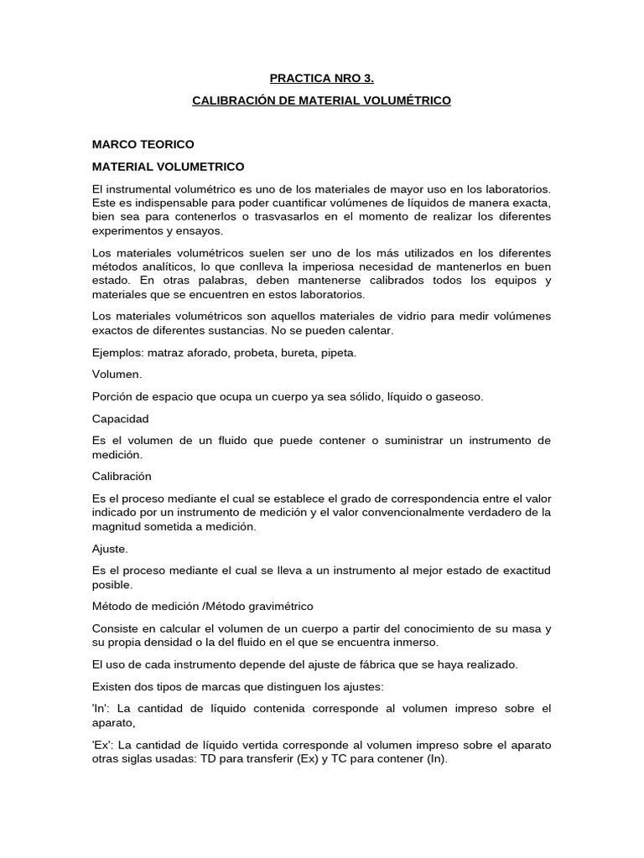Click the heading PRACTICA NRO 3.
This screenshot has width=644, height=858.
(321, 79)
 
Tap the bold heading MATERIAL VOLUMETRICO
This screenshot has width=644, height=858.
(168, 167)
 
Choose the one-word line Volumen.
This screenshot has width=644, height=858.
(117, 375)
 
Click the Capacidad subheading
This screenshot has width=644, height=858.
(121, 418)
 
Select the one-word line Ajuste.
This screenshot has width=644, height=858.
(111, 549)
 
